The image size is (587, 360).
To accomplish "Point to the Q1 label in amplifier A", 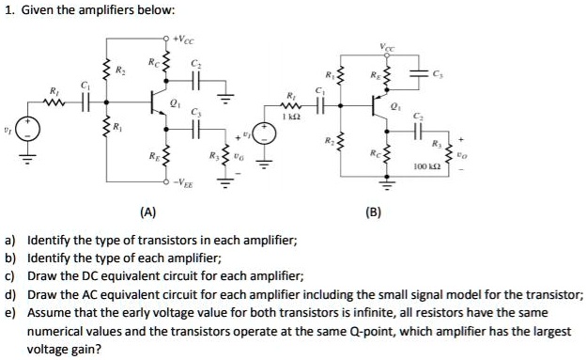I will (x=178, y=95).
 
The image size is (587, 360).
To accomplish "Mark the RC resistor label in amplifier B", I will (x=376, y=150).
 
